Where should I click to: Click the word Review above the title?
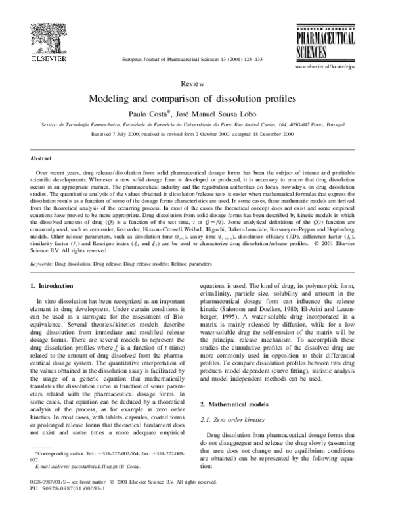pos(197,85)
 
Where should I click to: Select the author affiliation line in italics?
pos(197,123)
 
